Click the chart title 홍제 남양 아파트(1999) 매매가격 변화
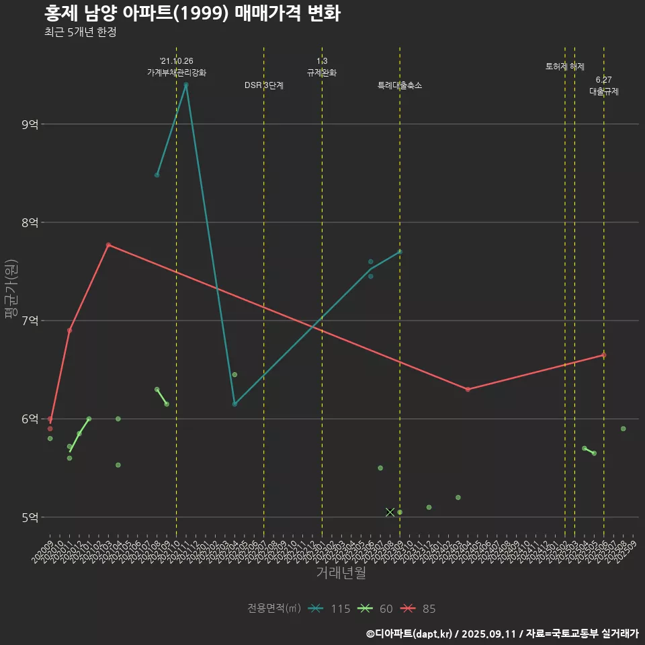(x=192, y=13)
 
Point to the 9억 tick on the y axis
(x=30, y=124)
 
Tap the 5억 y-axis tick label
(x=30, y=517)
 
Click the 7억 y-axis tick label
(x=30, y=320)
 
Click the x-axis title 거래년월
(x=341, y=573)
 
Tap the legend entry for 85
(x=419, y=609)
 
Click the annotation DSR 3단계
(x=264, y=85)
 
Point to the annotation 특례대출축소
(x=400, y=85)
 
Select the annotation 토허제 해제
(x=565, y=67)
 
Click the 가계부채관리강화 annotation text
(x=177, y=73)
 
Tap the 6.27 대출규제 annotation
(x=603, y=86)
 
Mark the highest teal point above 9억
(x=186, y=85)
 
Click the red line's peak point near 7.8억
(x=108, y=245)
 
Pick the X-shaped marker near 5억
(x=390, y=512)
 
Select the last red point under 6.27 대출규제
(x=603, y=355)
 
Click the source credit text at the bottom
(x=502, y=633)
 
